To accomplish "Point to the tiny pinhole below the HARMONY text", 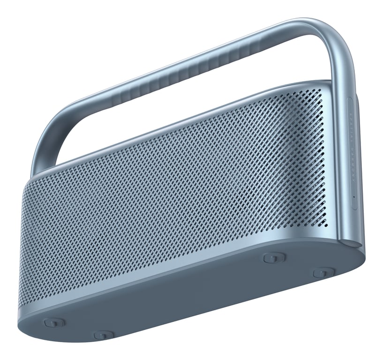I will (x=353, y=197).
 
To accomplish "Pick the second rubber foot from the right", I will (x=274, y=257).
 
